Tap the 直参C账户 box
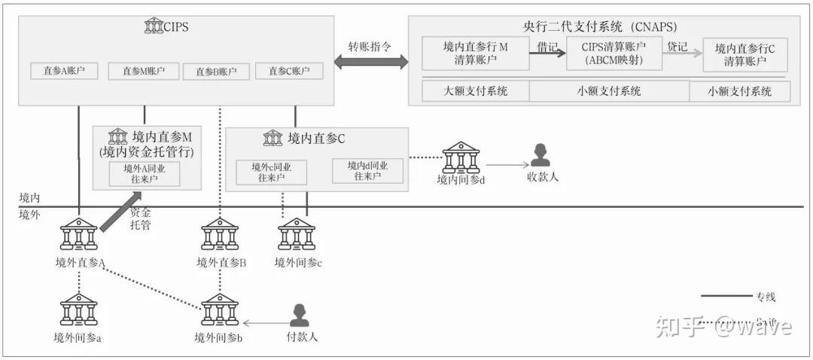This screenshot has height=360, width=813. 289,72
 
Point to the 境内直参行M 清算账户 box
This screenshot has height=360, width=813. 476,54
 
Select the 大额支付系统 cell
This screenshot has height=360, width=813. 476,91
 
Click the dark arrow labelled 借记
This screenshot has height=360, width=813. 547,53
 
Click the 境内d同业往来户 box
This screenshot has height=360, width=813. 367,171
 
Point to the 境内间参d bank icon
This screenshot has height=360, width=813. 461,158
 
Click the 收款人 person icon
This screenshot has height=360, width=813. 540,155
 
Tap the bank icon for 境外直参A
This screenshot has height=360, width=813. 79,235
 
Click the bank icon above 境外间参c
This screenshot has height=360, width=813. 297,235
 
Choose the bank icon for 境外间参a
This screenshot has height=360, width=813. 79,310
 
